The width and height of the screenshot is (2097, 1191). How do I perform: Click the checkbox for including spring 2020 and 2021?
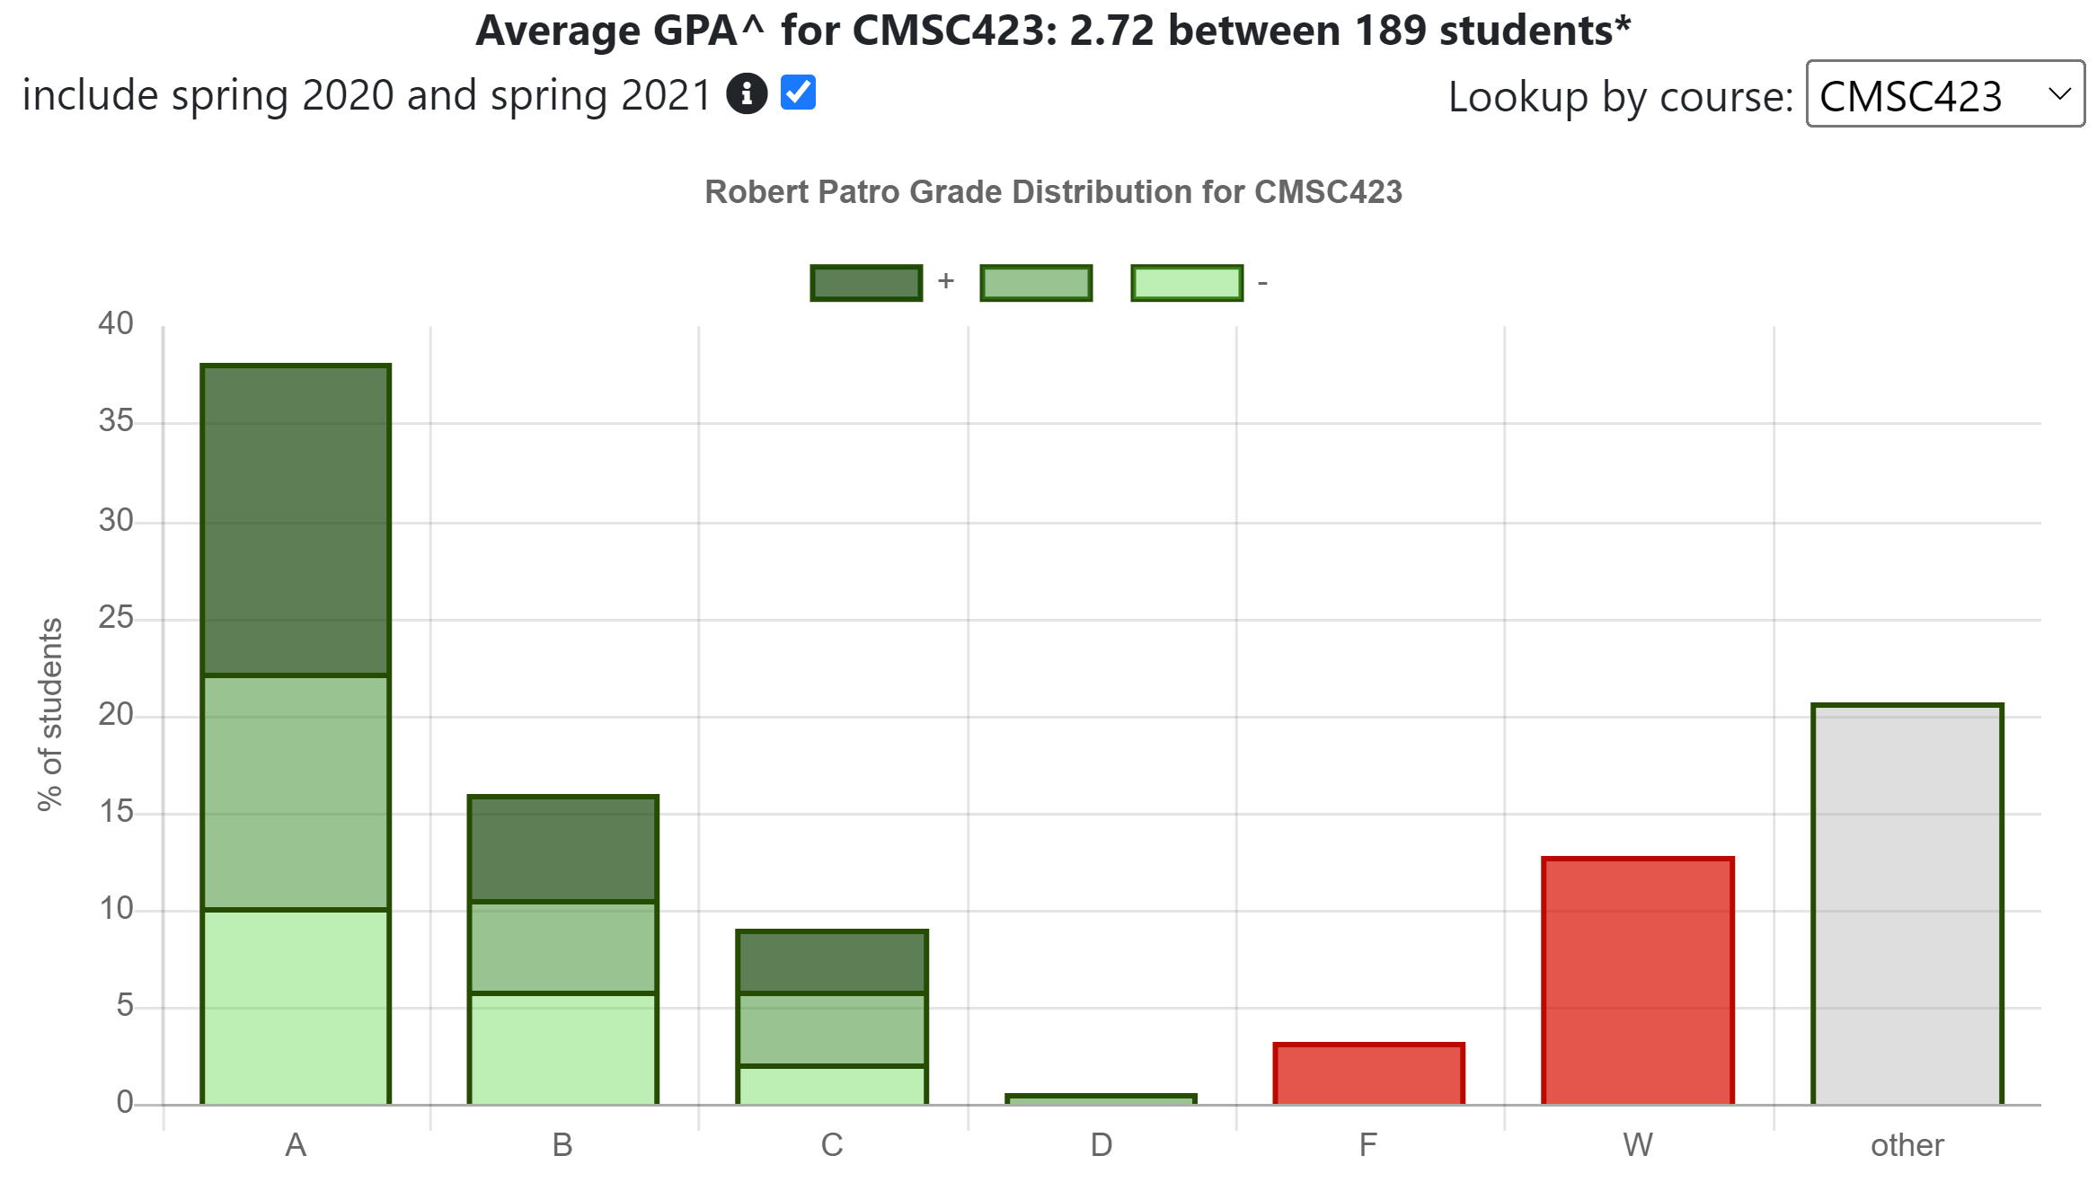point(798,93)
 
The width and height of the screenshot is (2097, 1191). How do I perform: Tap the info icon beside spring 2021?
point(747,93)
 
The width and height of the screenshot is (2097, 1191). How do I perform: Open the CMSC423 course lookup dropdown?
point(1944,94)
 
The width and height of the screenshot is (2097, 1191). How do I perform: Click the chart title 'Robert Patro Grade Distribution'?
point(1053,192)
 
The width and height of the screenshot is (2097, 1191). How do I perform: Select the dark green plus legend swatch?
point(866,283)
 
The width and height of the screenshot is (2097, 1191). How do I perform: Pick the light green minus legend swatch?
point(1187,283)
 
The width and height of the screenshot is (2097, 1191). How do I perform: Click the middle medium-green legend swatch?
point(1036,283)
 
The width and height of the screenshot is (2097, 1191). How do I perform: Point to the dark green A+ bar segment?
point(296,521)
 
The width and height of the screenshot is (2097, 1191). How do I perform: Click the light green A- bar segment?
point(296,1006)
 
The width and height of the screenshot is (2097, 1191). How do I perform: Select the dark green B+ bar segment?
point(563,849)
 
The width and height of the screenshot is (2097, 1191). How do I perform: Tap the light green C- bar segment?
point(832,1085)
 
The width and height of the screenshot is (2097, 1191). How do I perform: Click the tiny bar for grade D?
point(1101,1099)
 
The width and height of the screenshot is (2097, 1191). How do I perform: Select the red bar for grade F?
point(1368,1074)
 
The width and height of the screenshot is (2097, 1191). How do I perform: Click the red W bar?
point(1637,981)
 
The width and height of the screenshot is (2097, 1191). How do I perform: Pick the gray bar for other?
point(1907,904)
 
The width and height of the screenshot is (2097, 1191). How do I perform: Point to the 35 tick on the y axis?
point(116,421)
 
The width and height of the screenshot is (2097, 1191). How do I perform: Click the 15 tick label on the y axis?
point(116,812)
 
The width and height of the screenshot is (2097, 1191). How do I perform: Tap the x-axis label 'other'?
point(1907,1145)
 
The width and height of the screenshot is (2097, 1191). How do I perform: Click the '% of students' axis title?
point(50,714)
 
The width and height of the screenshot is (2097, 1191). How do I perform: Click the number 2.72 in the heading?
point(1111,31)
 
